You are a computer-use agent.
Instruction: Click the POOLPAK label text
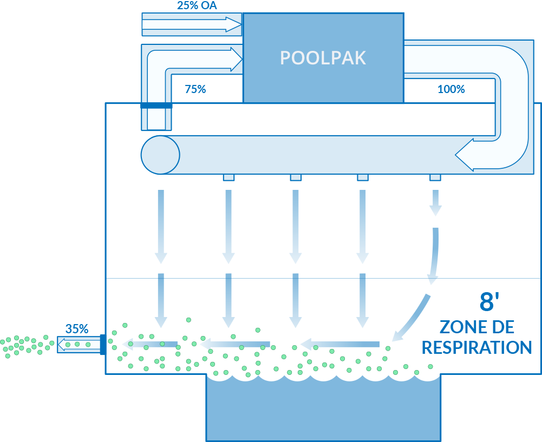323,58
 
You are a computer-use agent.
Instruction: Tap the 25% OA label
197,5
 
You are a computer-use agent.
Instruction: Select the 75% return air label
195,89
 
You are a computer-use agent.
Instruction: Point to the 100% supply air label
451,89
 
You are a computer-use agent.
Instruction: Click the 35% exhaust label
77,329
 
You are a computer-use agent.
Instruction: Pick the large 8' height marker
489,301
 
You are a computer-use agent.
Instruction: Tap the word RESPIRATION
476,347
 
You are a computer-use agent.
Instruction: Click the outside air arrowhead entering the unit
234,24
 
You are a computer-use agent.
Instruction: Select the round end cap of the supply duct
160,155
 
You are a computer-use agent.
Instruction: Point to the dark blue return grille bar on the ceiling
156,105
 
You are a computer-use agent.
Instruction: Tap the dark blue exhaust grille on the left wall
103,345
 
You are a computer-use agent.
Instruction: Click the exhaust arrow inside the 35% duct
79,345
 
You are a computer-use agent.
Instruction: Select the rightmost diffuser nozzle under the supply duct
435,177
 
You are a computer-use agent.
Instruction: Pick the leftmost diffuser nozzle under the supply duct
228,177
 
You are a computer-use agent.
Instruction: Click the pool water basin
324,409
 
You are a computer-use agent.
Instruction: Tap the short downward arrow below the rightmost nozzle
435,203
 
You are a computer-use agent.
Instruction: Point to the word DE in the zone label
504,327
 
